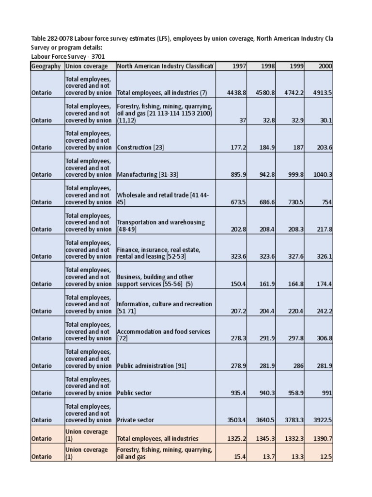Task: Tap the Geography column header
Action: pyautogui.click(x=46, y=66)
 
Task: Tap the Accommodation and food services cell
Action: pyautogui.click(x=163, y=335)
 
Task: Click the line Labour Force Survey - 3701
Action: pyautogui.click(x=67, y=56)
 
